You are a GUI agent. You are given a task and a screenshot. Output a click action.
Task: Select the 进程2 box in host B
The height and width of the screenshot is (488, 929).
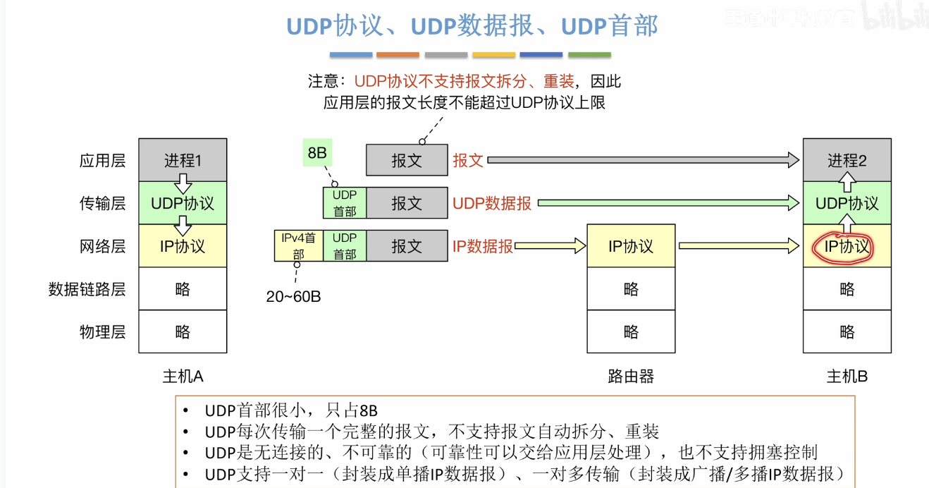(847, 160)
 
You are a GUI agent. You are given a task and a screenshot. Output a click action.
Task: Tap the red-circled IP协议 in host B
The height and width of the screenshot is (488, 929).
(847, 247)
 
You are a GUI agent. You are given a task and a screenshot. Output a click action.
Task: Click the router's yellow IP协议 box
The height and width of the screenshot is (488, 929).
(631, 246)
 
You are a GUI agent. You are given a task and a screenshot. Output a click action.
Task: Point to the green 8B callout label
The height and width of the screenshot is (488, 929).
(317, 152)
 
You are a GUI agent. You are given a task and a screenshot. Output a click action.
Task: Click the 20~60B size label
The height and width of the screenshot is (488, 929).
(293, 297)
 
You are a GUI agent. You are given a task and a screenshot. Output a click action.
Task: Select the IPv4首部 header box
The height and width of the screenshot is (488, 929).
(299, 245)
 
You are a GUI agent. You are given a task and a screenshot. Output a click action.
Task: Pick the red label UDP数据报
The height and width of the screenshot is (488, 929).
(492, 204)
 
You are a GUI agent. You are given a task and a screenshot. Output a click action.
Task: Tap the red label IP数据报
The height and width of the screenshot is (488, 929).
(483, 247)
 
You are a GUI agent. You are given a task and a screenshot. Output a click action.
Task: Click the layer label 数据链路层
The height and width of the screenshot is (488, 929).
(87, 289)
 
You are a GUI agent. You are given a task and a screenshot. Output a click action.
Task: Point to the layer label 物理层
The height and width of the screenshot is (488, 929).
(102, 332)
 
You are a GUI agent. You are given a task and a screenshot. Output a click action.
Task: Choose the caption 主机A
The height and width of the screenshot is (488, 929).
(183, 377)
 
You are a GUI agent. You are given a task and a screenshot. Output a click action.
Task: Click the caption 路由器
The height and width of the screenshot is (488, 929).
(631, 377)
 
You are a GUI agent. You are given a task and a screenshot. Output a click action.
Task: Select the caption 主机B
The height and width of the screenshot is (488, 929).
(847, 377)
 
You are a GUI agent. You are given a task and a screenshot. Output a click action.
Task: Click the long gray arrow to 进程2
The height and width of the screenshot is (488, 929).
(641, 161)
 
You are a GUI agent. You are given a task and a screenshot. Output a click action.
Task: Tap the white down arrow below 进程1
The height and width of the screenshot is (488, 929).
(183, 184)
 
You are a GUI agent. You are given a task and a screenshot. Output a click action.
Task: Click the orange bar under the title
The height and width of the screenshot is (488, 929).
(398, 55)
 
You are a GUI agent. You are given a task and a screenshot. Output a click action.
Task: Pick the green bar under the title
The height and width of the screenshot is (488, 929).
(589, 55)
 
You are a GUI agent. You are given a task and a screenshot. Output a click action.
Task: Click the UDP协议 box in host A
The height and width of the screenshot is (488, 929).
(183, 204)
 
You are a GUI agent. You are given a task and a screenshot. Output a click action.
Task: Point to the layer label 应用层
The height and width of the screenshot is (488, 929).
(102, 161)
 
